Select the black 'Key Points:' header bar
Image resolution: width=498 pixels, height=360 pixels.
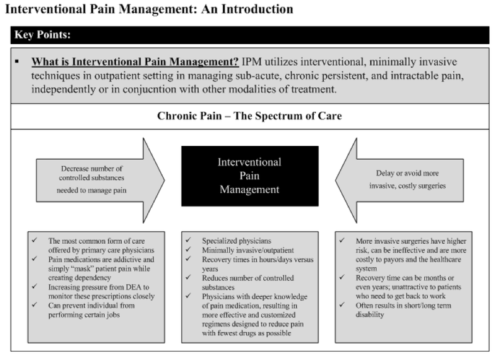[250, 35]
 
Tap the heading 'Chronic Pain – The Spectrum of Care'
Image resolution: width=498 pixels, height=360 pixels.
[250, 116]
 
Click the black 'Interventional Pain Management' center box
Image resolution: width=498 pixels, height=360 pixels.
[250, 176]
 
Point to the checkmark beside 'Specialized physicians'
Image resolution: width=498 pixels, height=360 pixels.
[189, 241]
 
